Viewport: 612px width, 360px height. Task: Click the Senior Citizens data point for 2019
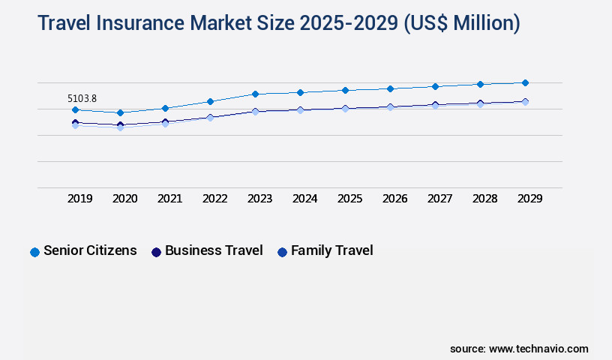click(x=75, y=110)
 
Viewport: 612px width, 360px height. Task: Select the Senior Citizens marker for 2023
click(x=255, y=94)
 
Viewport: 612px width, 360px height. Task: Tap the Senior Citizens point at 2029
click(x=525, y=82)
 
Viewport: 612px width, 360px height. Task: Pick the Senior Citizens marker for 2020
click(x=120, y=112)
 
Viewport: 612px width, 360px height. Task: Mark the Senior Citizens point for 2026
click(x=390, y=88)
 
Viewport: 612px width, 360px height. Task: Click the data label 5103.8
click(x=82, y=98)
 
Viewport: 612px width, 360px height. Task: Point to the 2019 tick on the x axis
click(x=80, y=199)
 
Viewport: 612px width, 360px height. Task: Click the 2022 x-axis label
click(x=215, y=199)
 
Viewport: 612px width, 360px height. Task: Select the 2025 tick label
click(x=350, y=199)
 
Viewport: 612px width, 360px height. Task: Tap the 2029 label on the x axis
click(x=530, y=199)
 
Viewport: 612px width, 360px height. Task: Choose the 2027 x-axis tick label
click(x=440, y=199)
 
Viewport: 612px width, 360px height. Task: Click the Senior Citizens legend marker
click(x=34, y=252)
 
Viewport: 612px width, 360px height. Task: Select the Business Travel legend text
click(x=214, y=250)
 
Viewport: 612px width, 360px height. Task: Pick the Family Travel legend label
click(x=331, y=250)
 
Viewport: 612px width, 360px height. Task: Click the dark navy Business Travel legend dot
click(x=156, y=252)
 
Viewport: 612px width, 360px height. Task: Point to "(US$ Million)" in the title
click(x=461, y=23)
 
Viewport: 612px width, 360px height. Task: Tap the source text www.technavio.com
click(x=538, y=349)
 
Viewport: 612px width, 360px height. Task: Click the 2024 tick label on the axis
click(x=305, y=199)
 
